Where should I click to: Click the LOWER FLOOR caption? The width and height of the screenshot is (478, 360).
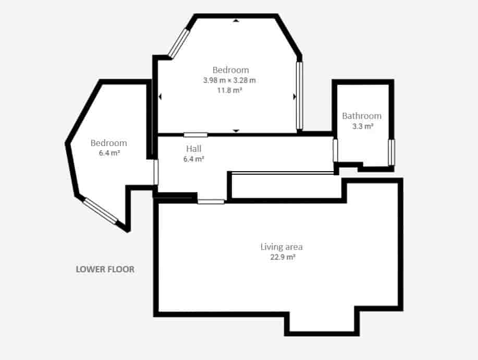[105, 270]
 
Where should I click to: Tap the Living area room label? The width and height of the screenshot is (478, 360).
[281, 247]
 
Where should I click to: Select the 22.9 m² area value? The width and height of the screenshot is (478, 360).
[281, 257]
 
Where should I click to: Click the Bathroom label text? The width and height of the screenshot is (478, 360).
[362, 116]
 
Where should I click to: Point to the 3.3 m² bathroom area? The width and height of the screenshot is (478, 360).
[362, 126]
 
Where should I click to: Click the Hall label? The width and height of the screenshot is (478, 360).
[193, 149]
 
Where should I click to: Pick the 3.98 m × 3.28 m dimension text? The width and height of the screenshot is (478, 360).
[230, 80]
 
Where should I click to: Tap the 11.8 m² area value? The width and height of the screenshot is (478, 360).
[230, 90]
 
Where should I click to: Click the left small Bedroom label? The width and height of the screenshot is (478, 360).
[108, 143]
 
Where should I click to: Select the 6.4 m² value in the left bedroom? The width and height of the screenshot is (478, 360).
[109, 153]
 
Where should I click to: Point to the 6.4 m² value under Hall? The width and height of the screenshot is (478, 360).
[193, 159]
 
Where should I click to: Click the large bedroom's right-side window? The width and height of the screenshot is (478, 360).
[299, 95]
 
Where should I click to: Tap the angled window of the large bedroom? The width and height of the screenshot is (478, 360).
[178, 43]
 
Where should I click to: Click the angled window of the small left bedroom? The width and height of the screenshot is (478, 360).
[101, 211]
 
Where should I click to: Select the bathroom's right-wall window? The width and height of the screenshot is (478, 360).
[391, 152]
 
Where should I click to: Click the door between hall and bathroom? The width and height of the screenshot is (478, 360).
[336, 150]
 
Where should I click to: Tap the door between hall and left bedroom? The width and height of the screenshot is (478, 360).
[156, 172]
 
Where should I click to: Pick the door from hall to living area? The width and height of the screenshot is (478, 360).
[211, 201]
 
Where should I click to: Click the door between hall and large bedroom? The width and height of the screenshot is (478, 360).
[195, 135]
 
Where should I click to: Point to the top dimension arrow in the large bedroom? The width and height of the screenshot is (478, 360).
[236, 20]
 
